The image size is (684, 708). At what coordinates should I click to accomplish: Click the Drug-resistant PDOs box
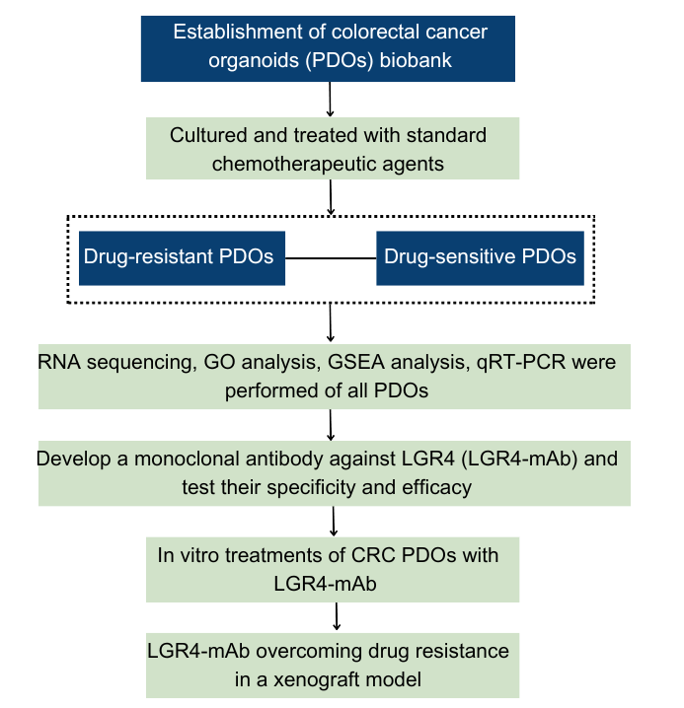coord(182,257)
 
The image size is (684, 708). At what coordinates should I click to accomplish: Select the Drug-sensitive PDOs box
coord(480,257)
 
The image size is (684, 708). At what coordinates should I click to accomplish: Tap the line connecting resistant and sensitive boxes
coord(331,257)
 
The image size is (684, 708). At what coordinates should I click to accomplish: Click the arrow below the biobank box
coord(330,100)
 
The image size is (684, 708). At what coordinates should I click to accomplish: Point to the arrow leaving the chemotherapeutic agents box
coord(331,197)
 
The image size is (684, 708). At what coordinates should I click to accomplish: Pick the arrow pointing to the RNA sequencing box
coord(331,322)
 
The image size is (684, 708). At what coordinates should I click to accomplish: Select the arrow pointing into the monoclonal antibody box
coord(331,425)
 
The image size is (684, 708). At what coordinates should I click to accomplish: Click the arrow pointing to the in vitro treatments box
coord(334,521)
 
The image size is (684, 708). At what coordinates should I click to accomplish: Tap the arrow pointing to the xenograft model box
coord(337,616)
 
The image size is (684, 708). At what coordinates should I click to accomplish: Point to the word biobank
coord(416,60)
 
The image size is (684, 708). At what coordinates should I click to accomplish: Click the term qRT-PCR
coord(521,363)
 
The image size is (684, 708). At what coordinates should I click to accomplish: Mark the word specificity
coord(311,488)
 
